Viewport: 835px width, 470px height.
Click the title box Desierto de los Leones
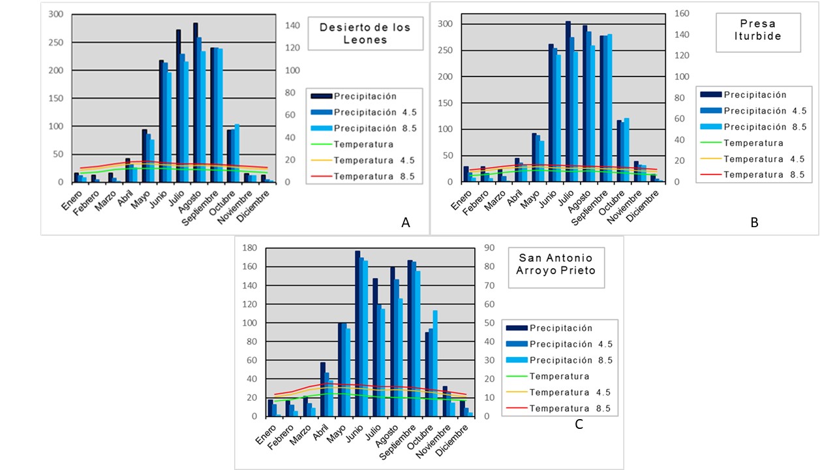pos(365,33)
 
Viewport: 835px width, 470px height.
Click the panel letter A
pos(406,223)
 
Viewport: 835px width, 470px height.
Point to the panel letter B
pos(754,223)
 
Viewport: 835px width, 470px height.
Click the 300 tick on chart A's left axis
pos(56,14)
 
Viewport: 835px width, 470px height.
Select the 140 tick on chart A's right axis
pos(292,25)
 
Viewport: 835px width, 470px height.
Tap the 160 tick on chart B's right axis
pos(682,13)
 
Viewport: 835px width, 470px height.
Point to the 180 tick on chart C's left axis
pos(249,248)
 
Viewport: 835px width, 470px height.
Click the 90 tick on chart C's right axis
pos(489,248)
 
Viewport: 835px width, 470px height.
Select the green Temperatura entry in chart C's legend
pos(559,376)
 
